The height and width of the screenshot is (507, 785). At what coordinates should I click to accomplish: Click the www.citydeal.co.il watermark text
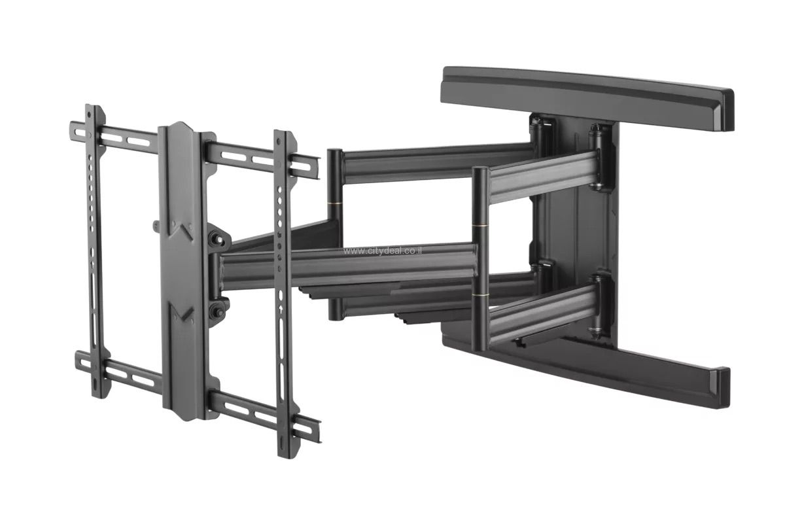383,251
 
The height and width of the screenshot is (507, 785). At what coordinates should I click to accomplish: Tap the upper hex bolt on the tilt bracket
218,240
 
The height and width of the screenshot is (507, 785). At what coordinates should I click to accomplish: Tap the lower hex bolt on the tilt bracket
218,311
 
